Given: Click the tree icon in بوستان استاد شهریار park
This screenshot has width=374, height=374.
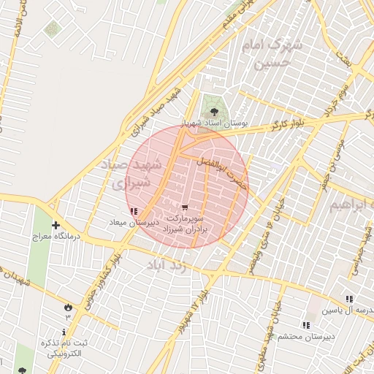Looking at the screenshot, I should point(214,112).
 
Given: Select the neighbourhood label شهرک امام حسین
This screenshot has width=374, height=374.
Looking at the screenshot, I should point(272,54).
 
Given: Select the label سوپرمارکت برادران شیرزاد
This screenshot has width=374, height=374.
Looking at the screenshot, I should point(188,224).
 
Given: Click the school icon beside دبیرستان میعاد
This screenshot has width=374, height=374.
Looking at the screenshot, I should point(132,212).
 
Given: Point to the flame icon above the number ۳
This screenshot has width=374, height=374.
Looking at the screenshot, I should point(68,307).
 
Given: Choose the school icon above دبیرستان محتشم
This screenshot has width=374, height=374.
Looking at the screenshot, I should point(305,324).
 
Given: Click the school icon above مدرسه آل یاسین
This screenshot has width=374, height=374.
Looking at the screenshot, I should point(349,298).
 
